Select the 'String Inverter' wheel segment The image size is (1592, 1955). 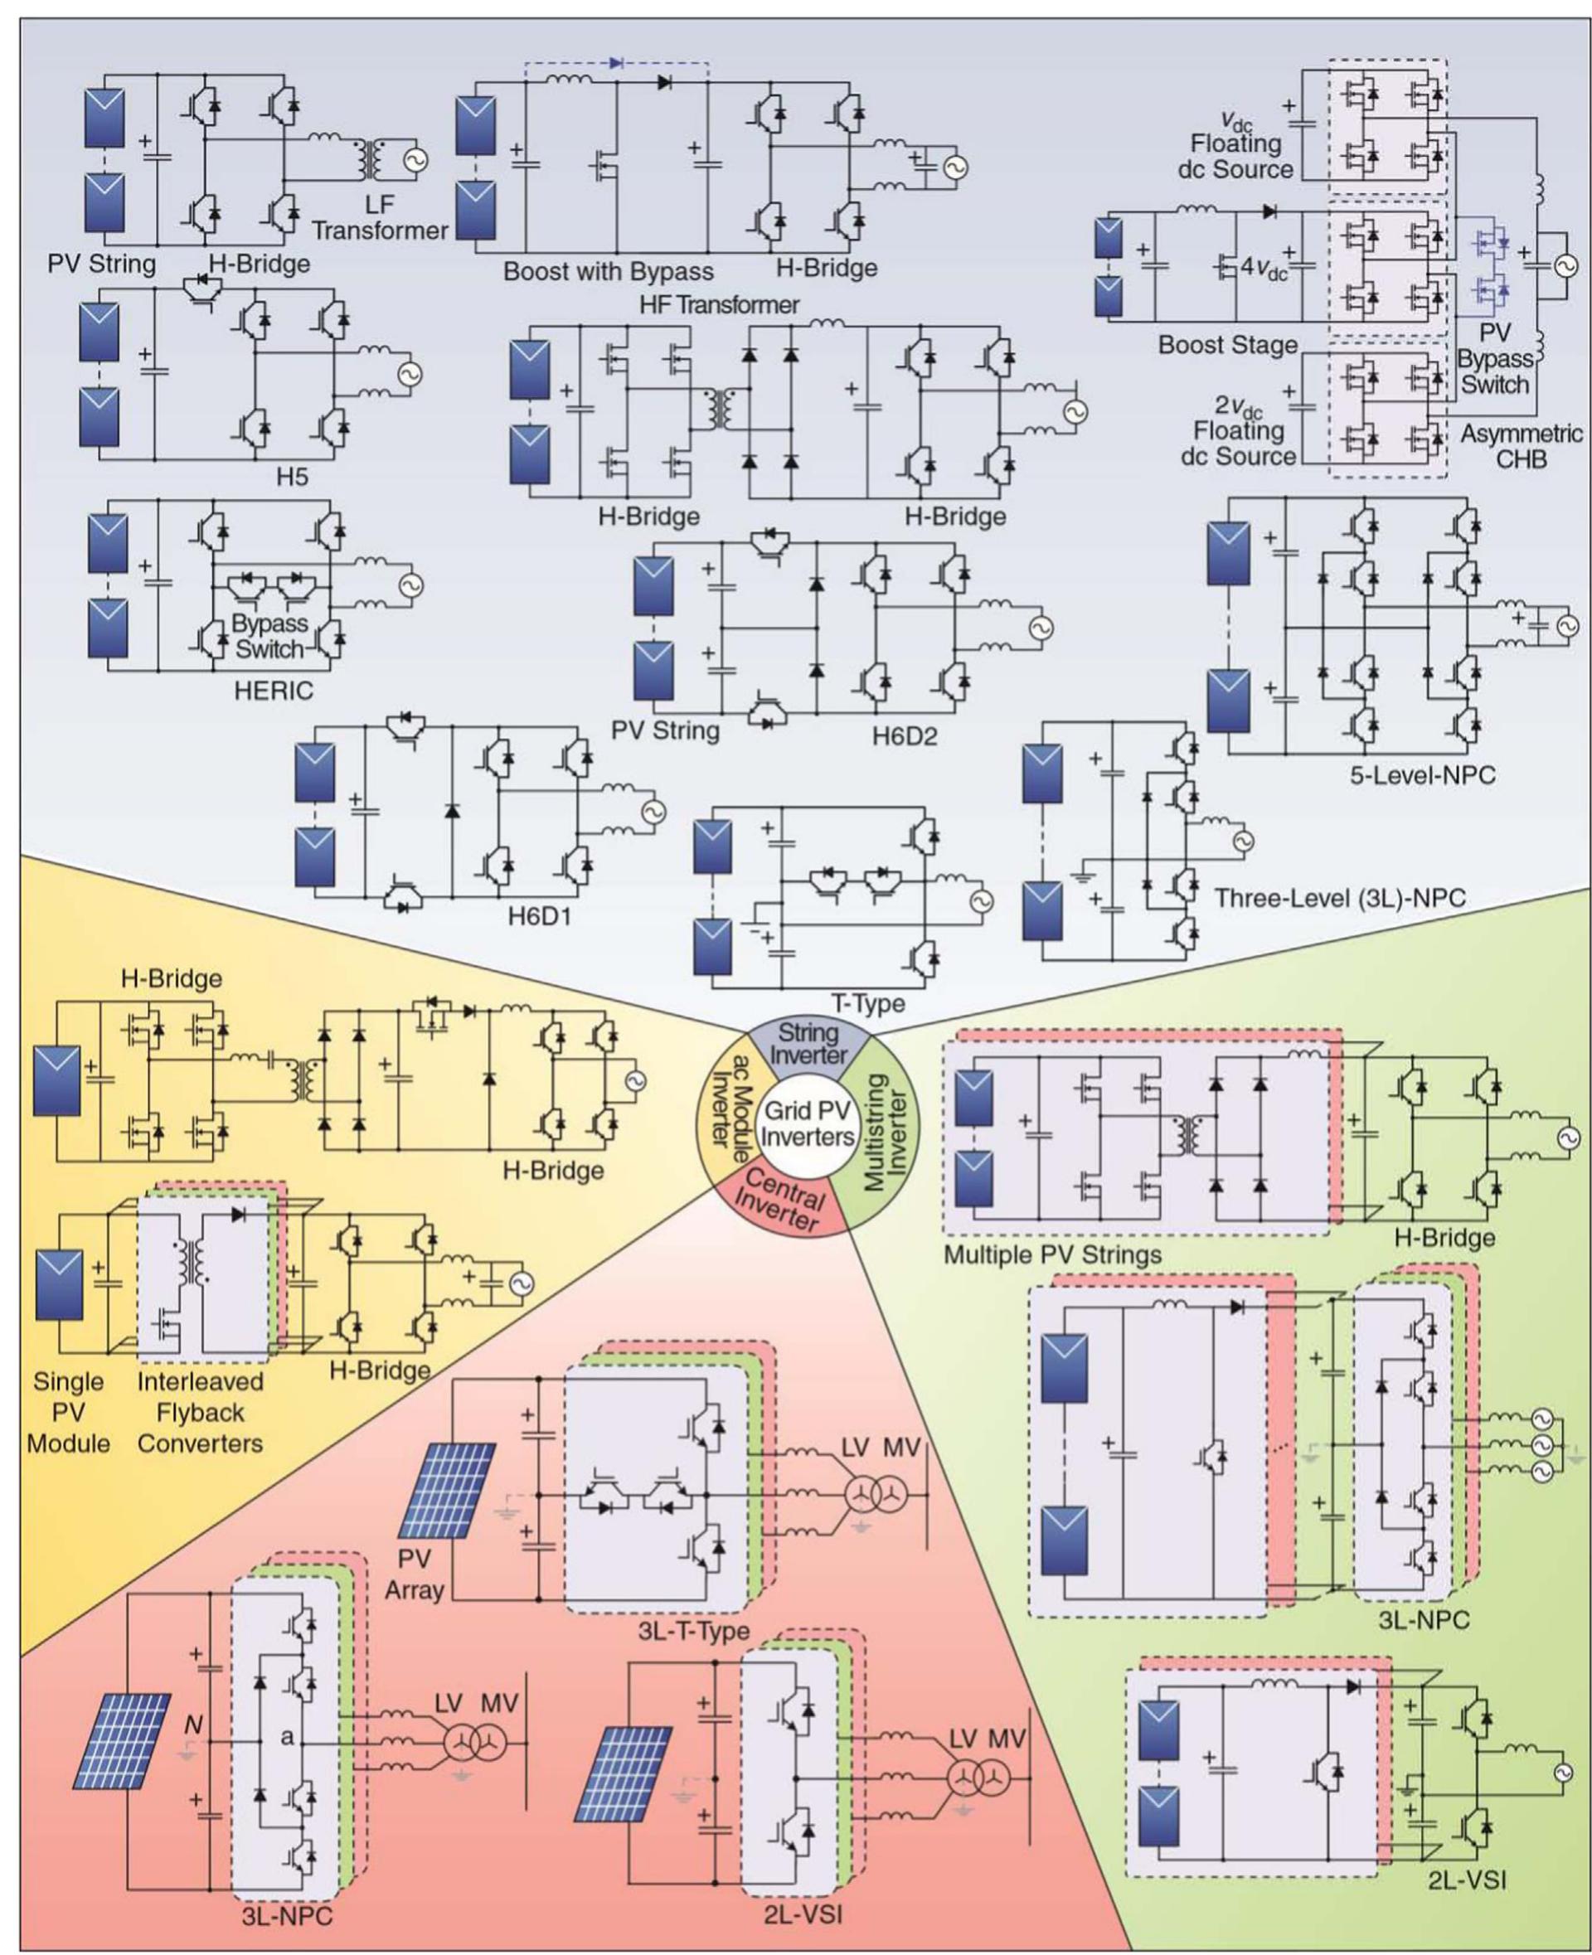pyautogui.click(x=807, y=1044)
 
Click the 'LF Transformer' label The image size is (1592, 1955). pyautogui.click(x=379, y=217)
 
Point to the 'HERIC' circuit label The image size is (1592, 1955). pyautogui.click(x=274, y=691)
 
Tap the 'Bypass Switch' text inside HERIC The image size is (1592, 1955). pyautogui.click(x=269, y=635)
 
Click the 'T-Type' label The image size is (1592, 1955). pyautogui.click(x=867, y=1003)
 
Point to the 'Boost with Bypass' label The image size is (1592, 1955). pyautogui.click(x=608, y=271)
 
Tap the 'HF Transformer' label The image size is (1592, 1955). pyautogui.click(x=719, y=304)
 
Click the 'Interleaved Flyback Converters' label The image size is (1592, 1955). pyautogui.click(x=200, y=1412)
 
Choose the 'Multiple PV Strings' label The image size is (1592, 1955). pyautogui.click(x=1052, y=1254)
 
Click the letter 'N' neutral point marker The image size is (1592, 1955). pyautogui.click(x=192, y=1725)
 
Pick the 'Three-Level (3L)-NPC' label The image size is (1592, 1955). pyautogui.click(x=1340, y=899)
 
